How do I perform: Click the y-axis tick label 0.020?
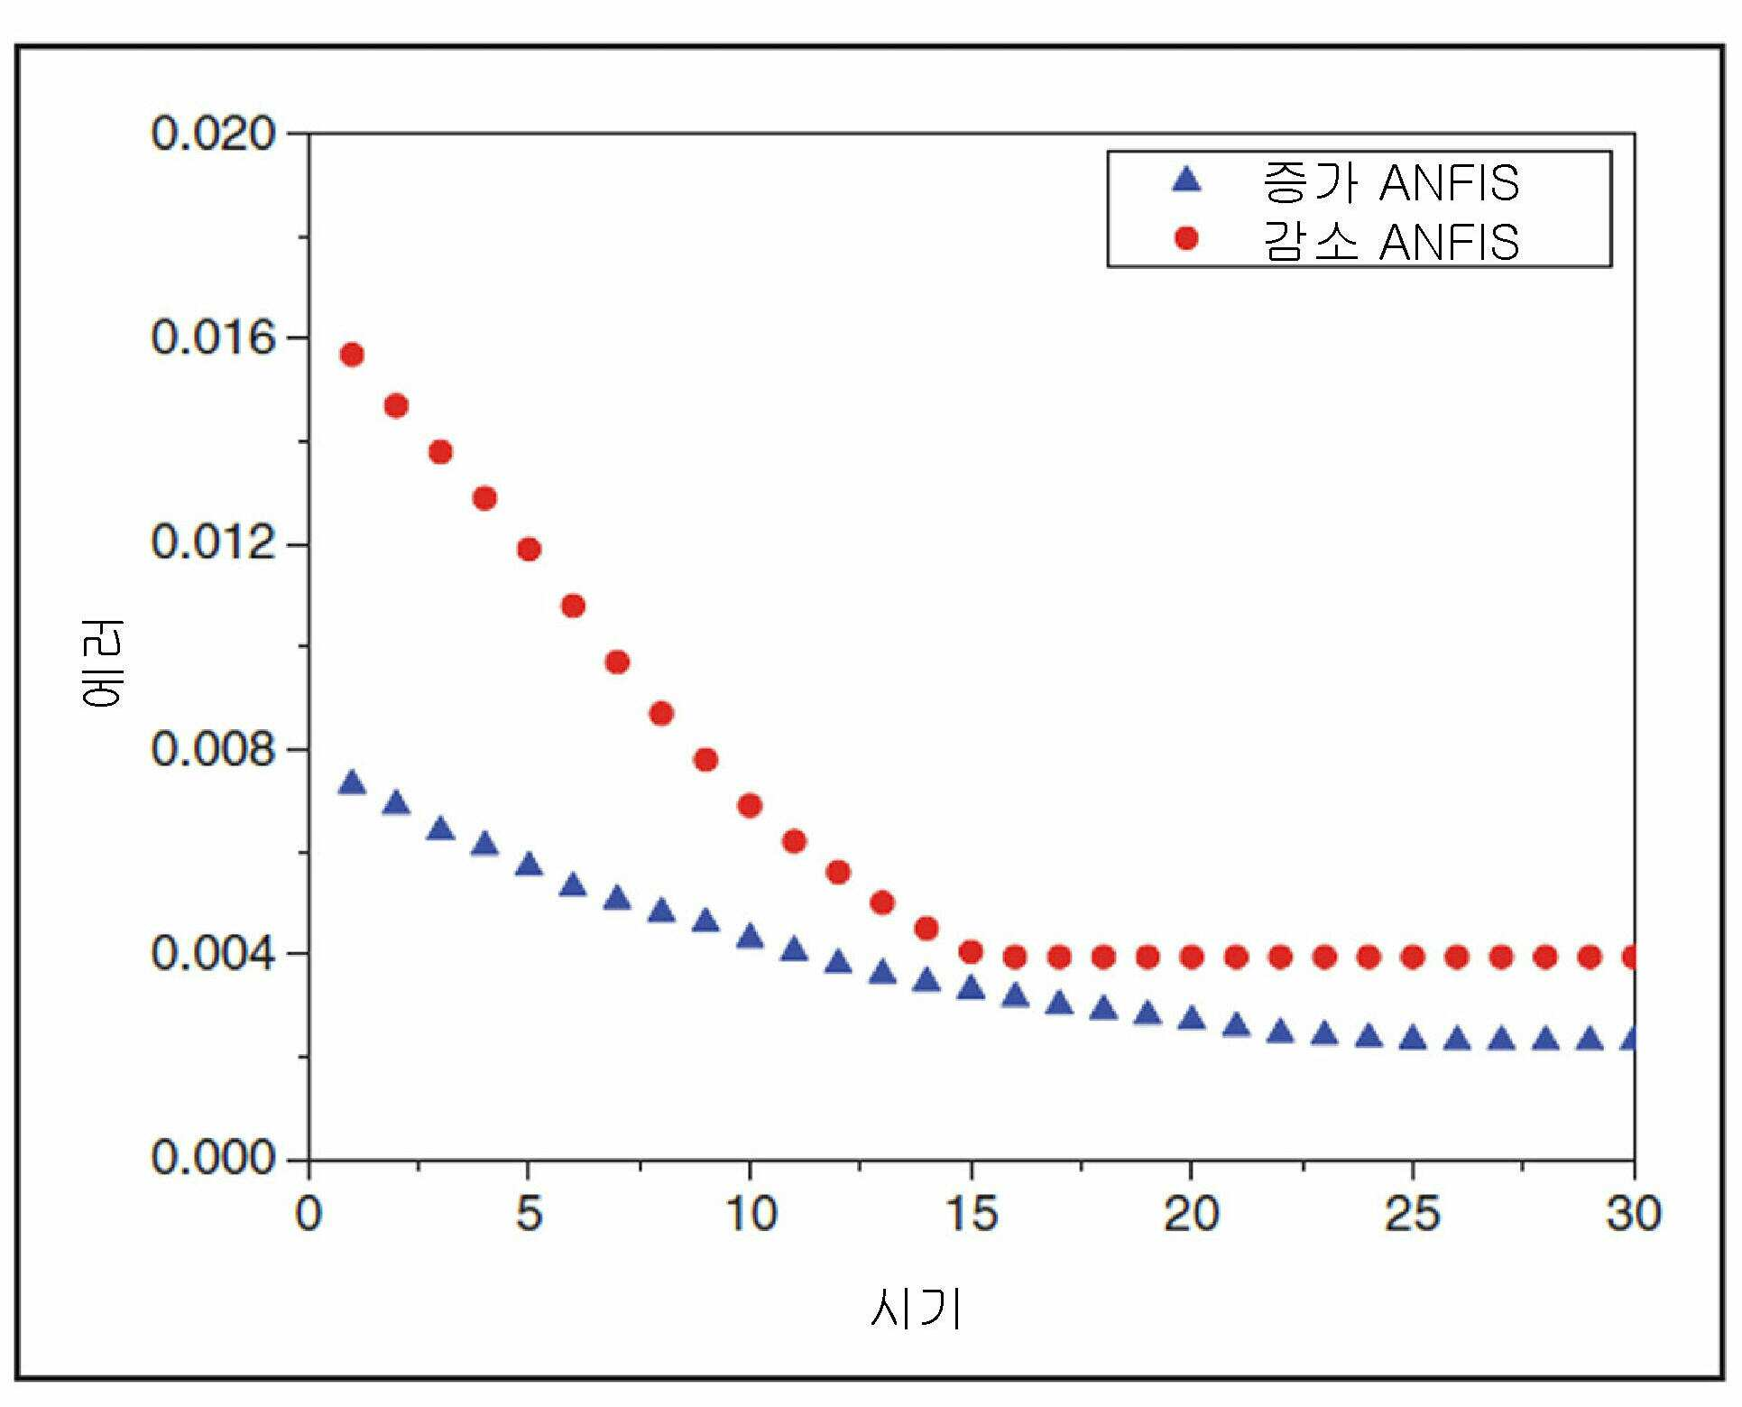click(x=213, y=134)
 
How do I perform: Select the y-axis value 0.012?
click(x=213, y=543)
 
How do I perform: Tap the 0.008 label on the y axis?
click(x=213, y=749)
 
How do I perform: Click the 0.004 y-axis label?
click(x=213, y=954)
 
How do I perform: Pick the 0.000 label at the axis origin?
click(x=213, y=1158)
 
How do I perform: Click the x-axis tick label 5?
click(x=530, y=1214)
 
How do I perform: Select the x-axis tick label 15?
click(x=971, y=1214)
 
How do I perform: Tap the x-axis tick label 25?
click(x=1412, y=1214)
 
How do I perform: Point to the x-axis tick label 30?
click(x=1634, y=1214)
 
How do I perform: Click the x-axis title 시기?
click(x=917, y=1308)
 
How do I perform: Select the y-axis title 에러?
click(x=100, y=664)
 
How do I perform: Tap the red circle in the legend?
click(x=1187, y=238)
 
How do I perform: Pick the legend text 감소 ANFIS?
click(x=1390, y=241)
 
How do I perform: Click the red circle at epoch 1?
click(x=352, y=355)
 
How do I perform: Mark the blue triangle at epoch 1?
click(x=352, y=782)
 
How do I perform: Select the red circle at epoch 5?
click(x=529, y=549)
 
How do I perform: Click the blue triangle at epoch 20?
click(x=1192, y=1018)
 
